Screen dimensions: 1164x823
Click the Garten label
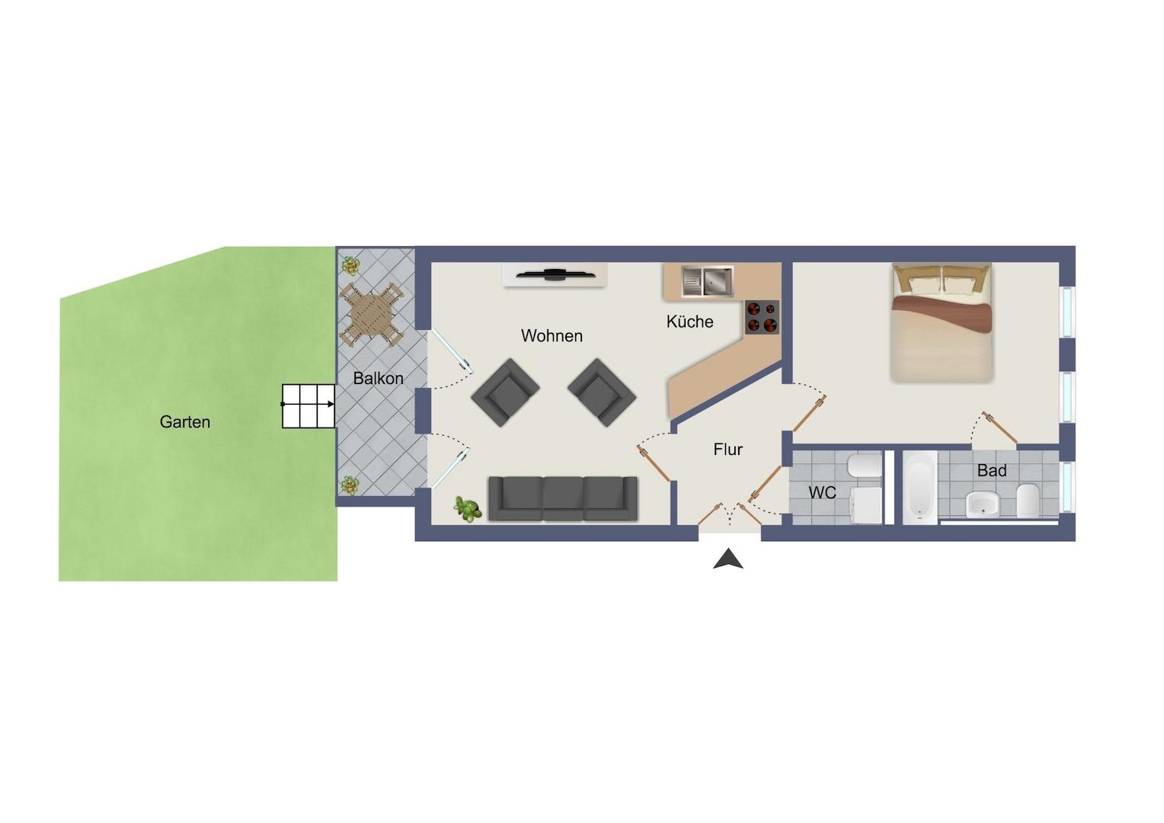[185, 421]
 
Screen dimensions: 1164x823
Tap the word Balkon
[378, 378]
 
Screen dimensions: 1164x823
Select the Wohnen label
[552, 336]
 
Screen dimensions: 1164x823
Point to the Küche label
[689, 322]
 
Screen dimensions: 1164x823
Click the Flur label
[727, 449]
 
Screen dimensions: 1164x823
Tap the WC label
[822, 492]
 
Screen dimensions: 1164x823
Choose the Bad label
[992, 470]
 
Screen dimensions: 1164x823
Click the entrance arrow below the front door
[728, 559]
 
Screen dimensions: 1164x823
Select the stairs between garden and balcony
[309, 406]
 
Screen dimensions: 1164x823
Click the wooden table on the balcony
[371, 314]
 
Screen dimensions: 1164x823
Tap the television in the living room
[554, 274]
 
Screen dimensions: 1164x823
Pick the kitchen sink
[707, 281]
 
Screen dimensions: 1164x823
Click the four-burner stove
[762, 316]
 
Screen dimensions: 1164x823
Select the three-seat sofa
[563, 498]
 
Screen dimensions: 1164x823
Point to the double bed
[942, 322]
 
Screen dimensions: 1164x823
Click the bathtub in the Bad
[919, 487]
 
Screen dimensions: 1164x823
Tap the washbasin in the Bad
[982, 504]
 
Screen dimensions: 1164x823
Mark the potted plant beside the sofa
[467, 508]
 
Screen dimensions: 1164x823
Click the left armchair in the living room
[505, 392]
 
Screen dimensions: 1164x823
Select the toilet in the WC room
[864, 466]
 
